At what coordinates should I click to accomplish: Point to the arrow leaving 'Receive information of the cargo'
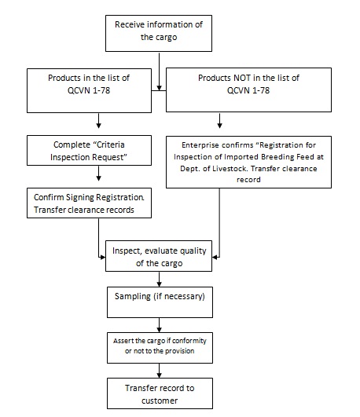[160, 71]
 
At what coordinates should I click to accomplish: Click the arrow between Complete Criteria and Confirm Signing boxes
[98, 174]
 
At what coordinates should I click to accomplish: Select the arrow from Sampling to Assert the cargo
[160, 325]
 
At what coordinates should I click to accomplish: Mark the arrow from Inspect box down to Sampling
[160, 280]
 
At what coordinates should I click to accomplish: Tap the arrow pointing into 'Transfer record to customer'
[160, 371]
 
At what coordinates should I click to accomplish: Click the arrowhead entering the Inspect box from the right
[215, 257]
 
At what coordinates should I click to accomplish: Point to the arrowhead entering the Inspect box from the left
[102, 257]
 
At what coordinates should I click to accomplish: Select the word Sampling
[132, 296]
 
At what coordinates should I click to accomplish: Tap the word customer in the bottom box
[160, 401]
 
